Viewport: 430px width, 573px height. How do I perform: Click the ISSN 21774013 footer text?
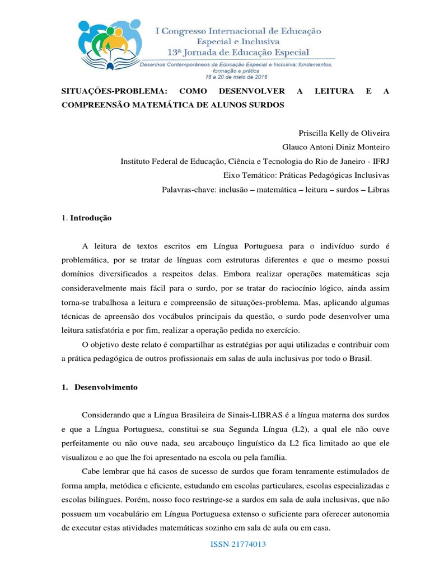pyautogui.click(x=238, y=544)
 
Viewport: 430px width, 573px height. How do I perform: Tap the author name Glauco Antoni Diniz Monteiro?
pyautogui.click(x=335, y=147)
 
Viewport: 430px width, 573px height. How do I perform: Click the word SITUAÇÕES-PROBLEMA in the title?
pyautogui.click(x=106, y=91)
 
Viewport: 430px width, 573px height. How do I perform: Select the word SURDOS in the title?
pyautogui.click(x=268, y=105)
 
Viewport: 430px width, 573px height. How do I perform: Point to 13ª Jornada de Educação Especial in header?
pyautogui.click(x=242, y=52)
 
